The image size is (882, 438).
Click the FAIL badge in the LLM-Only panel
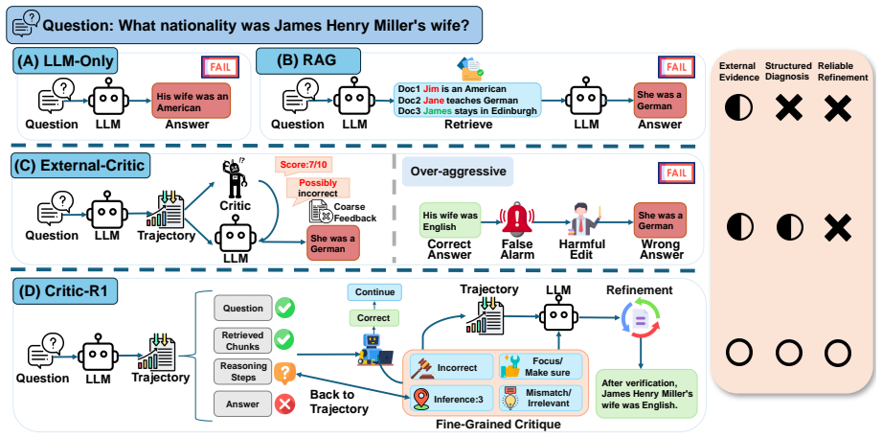(x=220, y=67)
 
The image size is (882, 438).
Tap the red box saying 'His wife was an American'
(x=191, y=101)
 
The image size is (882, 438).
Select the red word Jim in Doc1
(x=430, y=89)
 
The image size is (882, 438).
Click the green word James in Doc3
(x=439, y=111)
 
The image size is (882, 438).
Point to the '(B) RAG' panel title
(x=307, y=60)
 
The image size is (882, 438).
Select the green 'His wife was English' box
(x=449, y=220)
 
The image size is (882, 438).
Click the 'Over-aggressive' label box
(x=458, y=172)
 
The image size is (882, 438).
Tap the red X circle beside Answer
(x=284, y=403)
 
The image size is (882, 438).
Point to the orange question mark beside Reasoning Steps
(x=284, y=372)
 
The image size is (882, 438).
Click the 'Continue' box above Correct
(x=374, y=292)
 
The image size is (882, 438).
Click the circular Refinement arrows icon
(x=640, y=320)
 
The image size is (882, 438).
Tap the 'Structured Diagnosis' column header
(x=788, y=72)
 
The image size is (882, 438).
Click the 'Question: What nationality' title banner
(x=244, y=25)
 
